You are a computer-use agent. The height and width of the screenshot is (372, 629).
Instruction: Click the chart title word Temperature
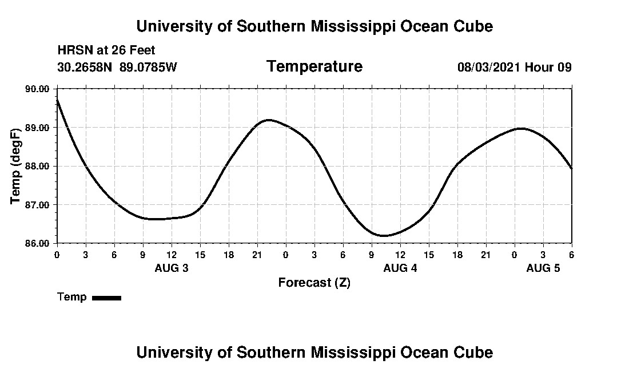tap(314, 67)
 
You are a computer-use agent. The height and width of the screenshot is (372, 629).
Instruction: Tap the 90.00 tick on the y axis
tap(38, 89)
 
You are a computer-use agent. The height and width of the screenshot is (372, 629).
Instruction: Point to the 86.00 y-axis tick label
tap(38, 243)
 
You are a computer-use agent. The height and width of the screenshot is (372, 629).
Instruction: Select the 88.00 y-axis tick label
tap(38, 167)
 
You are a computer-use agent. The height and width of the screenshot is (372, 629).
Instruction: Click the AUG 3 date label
tap(172, 268)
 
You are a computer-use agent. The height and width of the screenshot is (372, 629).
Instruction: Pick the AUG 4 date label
tap(400, 268)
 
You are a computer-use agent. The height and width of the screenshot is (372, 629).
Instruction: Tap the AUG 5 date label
tap(543, 268)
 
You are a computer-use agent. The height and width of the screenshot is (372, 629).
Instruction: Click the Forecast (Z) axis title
tap(314, 283)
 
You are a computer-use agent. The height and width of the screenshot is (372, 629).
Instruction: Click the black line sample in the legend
tap(106, 298)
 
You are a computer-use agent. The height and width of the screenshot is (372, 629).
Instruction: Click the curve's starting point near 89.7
tap(57, 100)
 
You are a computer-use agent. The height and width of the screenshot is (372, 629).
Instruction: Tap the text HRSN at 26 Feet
tap(106, 51)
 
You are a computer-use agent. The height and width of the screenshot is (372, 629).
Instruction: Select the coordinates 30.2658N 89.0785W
tap(117, 68)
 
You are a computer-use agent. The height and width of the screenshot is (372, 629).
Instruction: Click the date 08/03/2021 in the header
tap(489, 68)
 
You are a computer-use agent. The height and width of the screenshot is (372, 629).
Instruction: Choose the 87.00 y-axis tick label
tap(38, 205)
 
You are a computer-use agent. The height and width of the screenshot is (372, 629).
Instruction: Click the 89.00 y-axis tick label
tap(38, 128)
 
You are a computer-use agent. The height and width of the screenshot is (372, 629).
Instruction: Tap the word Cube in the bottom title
tap(474, 352)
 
